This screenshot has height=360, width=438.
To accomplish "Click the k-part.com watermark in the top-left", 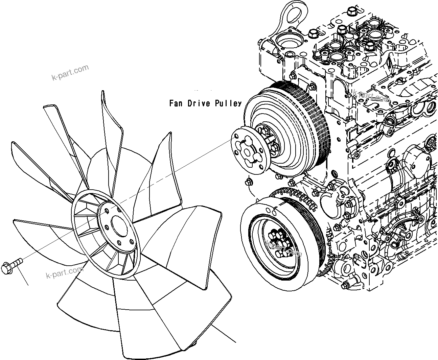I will pos(70,72).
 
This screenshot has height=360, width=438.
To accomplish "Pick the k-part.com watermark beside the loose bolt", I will pos(64,272).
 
